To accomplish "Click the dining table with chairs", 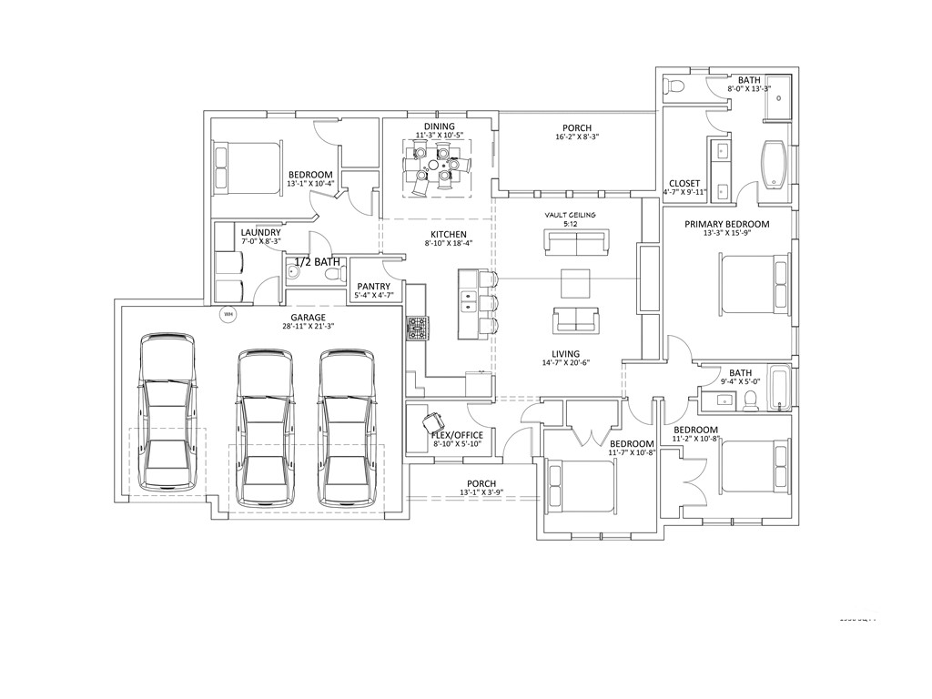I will coord(438,170).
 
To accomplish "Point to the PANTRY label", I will coord(373,286).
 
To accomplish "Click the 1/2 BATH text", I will coord(317,262).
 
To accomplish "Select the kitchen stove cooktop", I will coord(417,328).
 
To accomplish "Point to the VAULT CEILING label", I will coord(571,215).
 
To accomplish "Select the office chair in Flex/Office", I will coord(433,422).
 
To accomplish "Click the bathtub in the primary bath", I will coord(774,163).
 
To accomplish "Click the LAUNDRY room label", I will coord(260,233).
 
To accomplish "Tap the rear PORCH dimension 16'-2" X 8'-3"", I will coord(577,137).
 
